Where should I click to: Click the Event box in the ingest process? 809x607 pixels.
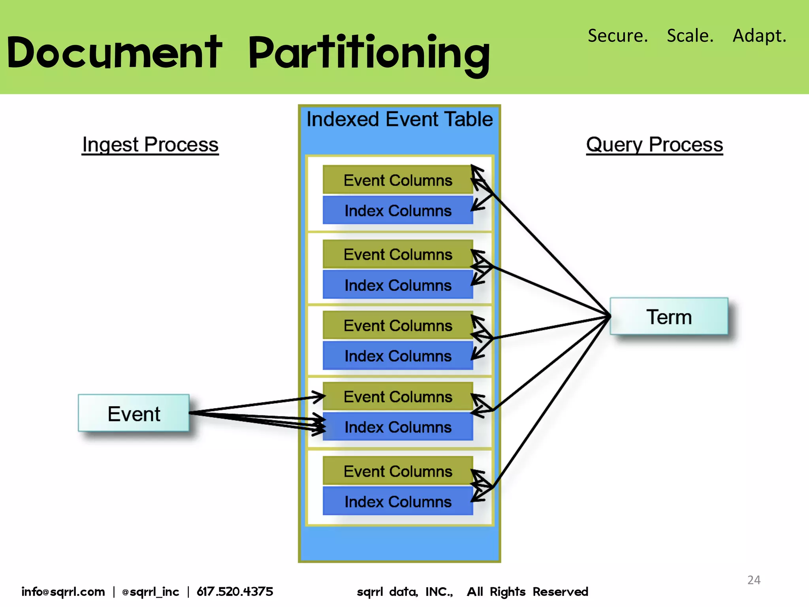[x=134, y=413]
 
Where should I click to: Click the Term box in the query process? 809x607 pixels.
[x=669, y=317]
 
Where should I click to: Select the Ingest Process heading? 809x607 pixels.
[x=150, y=144]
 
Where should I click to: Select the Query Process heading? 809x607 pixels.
[x=654, y=144]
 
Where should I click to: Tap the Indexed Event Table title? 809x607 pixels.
[x=399, y=119]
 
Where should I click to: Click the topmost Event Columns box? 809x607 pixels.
[x=397, y=180]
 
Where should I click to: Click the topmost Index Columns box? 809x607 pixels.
[x=397, y=210]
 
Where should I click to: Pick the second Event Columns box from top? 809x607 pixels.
[x=397, y=254]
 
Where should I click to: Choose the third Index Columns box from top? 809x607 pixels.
[x=397, y=356]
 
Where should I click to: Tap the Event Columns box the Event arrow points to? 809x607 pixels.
[x=397, y=396]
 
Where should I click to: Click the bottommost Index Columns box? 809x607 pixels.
[x=397, y=501]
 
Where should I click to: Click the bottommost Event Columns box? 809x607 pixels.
[x=397, y=471]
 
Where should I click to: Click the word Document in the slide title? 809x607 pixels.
[x=115, y=53]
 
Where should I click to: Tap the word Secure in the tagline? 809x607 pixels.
[x=617, y=36]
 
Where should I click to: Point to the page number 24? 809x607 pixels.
[x=754, y=580]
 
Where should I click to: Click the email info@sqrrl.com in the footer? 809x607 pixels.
[x=63, y=592]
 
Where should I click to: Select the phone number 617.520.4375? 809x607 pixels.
[x=235, y=592]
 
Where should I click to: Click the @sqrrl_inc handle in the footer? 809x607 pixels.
[x=151, y=592]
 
